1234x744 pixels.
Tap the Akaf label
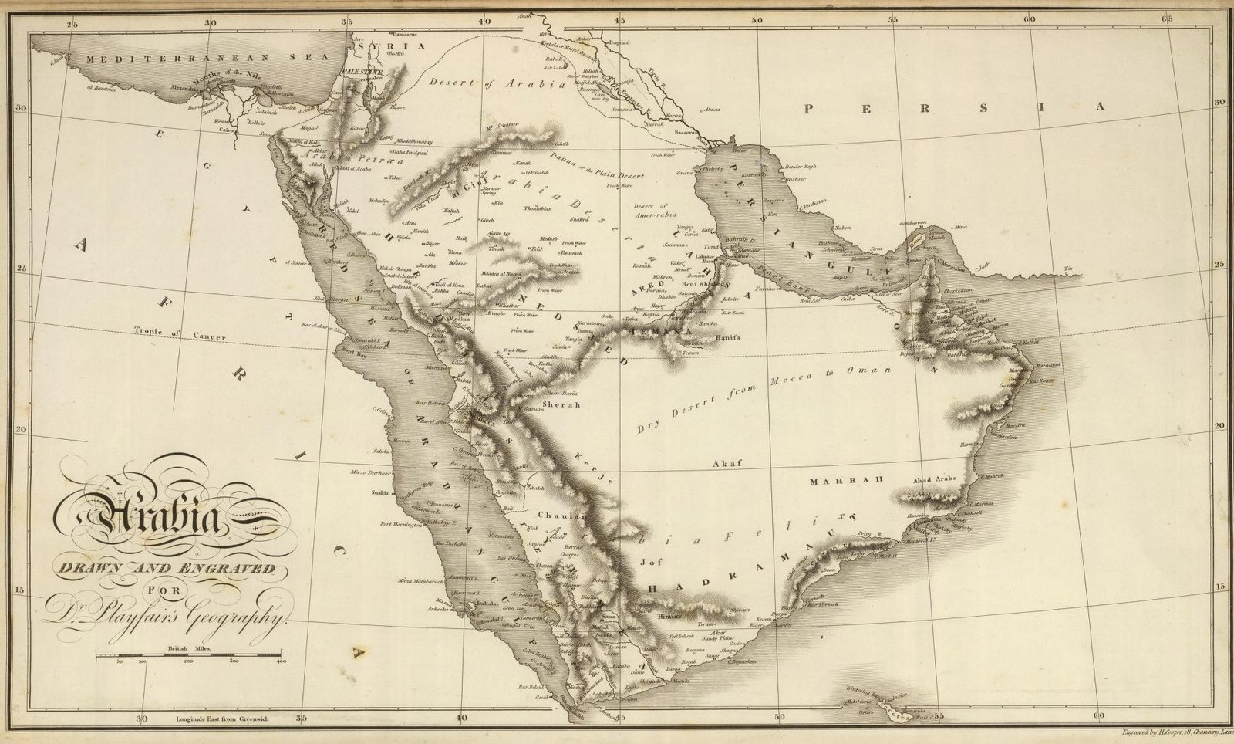pos(727,464)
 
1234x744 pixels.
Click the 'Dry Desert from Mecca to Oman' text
pos(763,397)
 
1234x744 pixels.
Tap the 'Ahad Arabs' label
pos(934,479)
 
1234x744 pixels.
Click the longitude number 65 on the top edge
pos(1167,19)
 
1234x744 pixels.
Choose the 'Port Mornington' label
pos(401,525)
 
